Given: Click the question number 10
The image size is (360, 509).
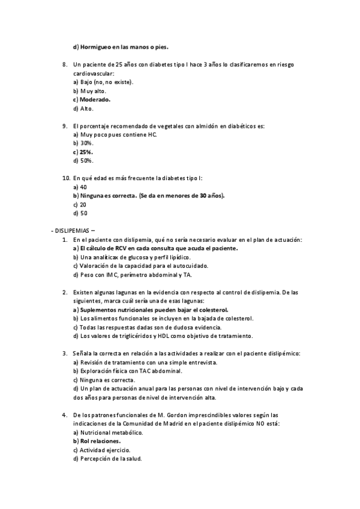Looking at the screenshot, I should pyautogui.click(x=66, y=178).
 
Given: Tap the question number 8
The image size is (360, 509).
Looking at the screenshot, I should pyautogui.click(x=65, y=64).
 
